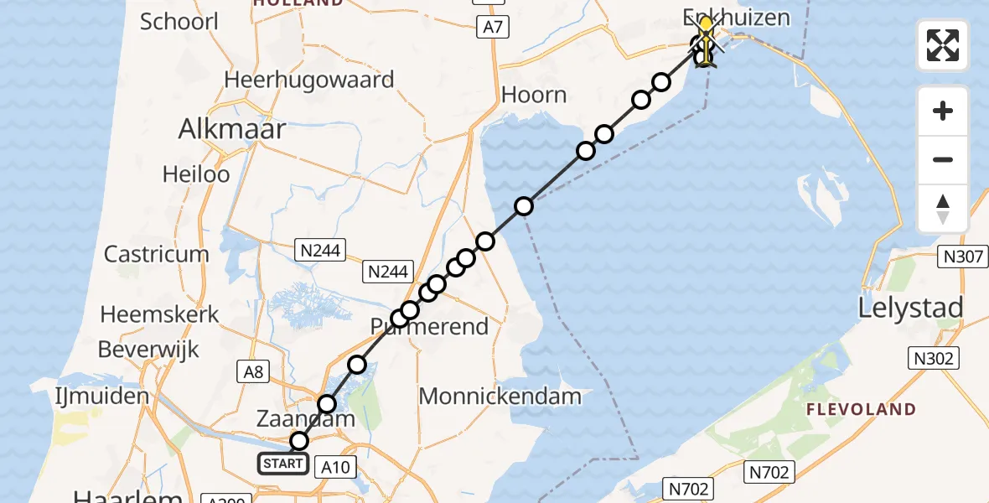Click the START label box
tap(282, 464)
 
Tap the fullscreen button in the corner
tap(943, 45)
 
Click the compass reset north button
tap(943, 209)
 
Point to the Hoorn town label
tap(534, 95)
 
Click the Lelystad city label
tap(910, 309)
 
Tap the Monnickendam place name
tap(500, 397)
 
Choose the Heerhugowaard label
tap(309, 80)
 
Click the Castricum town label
tap(156, 254)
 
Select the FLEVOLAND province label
tap(861, 410)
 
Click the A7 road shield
tap(493, 28)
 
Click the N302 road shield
tap(933, 359)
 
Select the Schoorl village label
tap(179, 21)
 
